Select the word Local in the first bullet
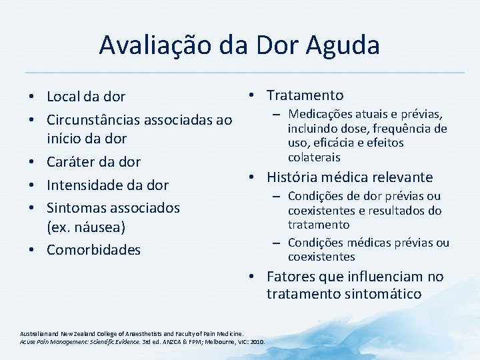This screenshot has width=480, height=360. (64, 97)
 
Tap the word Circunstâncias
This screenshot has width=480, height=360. (95, 121)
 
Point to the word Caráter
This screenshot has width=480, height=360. (70, 162)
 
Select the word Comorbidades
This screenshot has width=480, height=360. (93, 250)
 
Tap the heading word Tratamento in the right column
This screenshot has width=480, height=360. (305, 95)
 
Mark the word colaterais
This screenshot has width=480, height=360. (314, 157)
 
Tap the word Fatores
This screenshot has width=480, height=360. (290, 277)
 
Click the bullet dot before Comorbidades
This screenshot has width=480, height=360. (33, 250)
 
